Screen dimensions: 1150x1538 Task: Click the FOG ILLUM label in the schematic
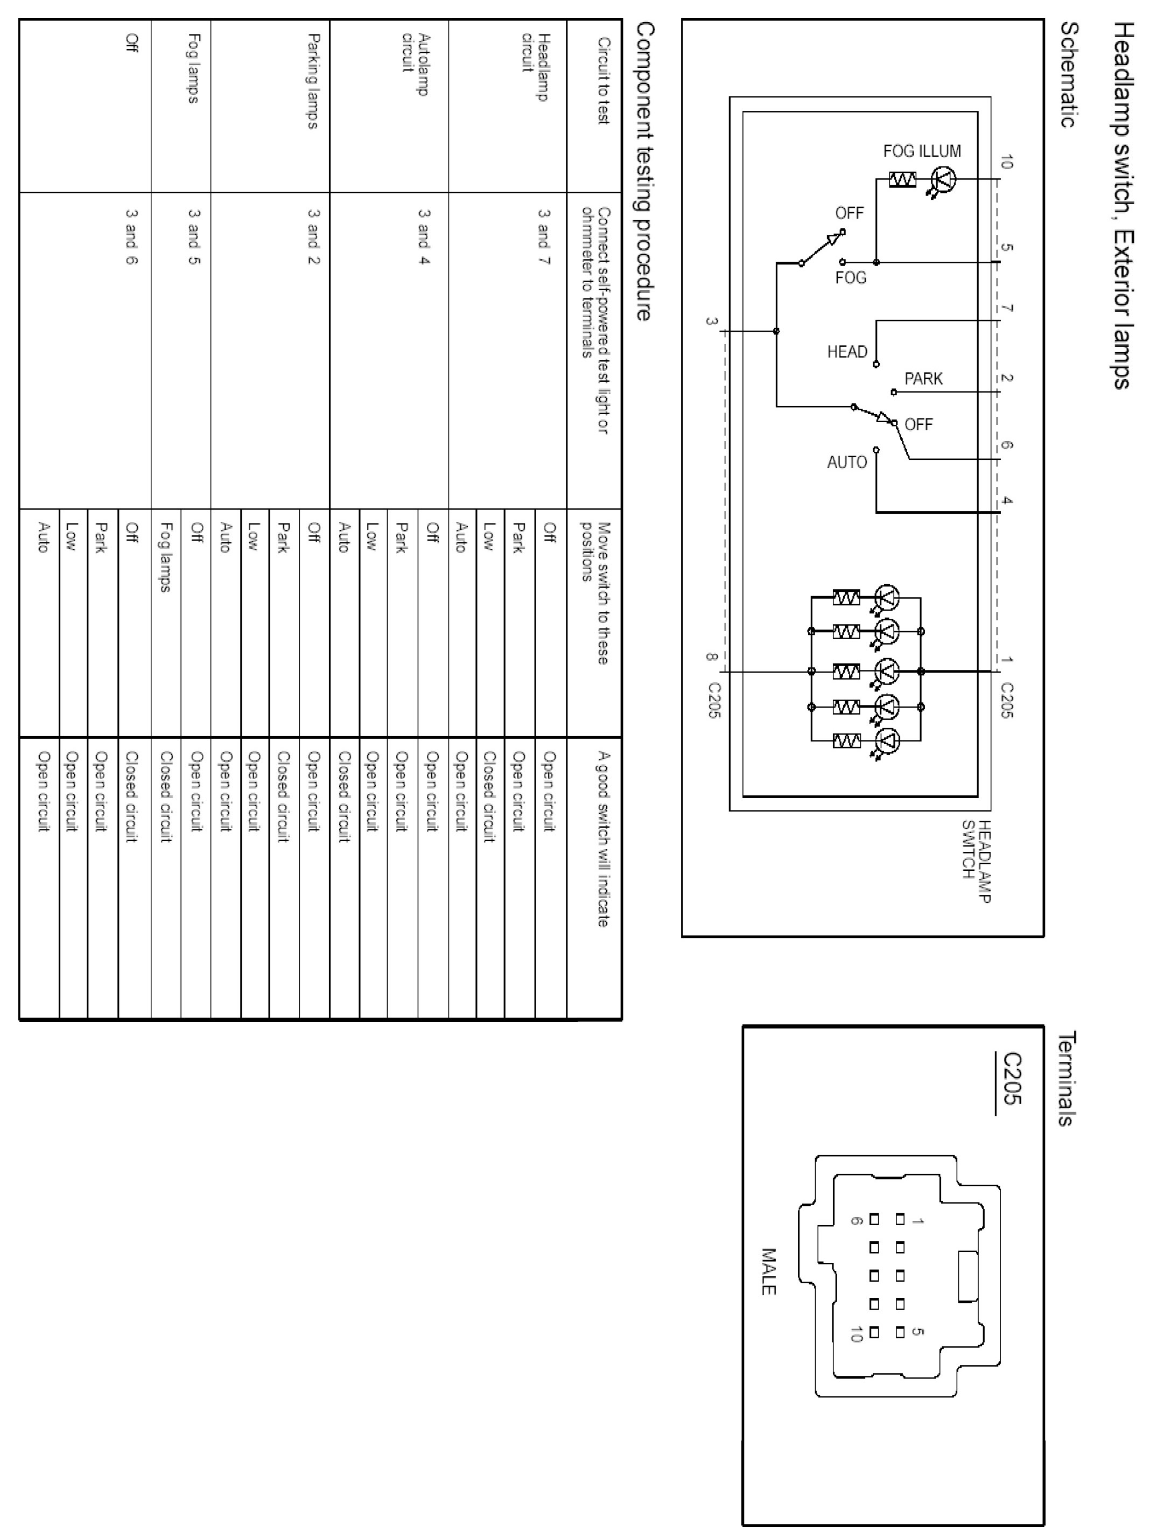pyautogui.click(x=922, y=151)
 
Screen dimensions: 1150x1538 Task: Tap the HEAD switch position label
pyautogui.click(x=847, y=352)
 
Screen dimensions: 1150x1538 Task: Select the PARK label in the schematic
pyautogui.click(x=923, y=379)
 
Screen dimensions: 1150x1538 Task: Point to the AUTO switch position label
pyautogui.click(x=847, y=463)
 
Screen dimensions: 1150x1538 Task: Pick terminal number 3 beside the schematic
pyautogui.click(x=711, y=321)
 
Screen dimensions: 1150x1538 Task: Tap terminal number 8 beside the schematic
pyautogui.click(x=711, y=656)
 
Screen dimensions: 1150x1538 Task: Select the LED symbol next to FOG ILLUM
pyautogui.click(x=943, y=180)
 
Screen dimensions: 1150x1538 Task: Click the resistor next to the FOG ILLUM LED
pyautogui.click(x=902, y=180)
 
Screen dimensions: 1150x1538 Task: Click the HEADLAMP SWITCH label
pyautogui.click(x=976, y=860)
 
